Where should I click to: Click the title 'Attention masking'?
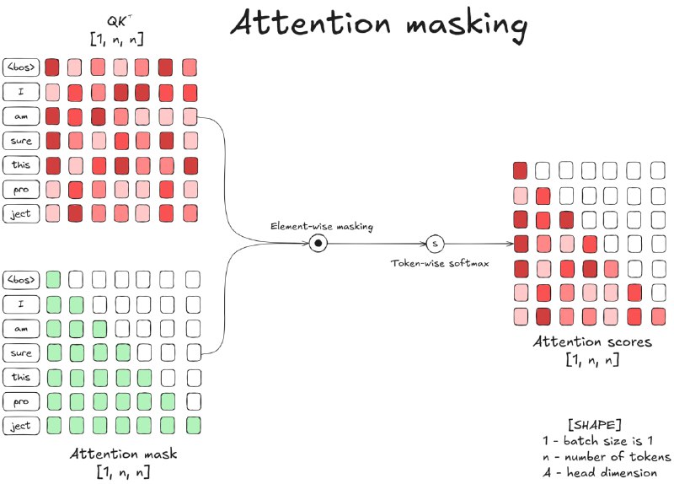(x=379, y=24)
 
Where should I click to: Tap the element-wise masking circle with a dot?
(x=318, y=243)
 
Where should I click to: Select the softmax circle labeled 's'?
(x=435, y=244)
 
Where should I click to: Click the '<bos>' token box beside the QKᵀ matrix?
(x=20, y=66)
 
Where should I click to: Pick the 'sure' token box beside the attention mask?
(x=20, y=352)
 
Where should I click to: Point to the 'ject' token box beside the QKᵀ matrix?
(x=20, y=213)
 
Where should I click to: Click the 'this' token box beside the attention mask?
(x=20, y=376)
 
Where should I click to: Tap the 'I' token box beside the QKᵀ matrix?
(x=20, y=90)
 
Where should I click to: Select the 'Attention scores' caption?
(x=592, y=343)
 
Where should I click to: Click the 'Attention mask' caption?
(x=124, y=453)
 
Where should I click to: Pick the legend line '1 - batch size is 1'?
(x=598, y=440)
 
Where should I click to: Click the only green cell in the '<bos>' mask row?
(x=53, y=278)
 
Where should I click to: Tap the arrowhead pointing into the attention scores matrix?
(x=509, y=244)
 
